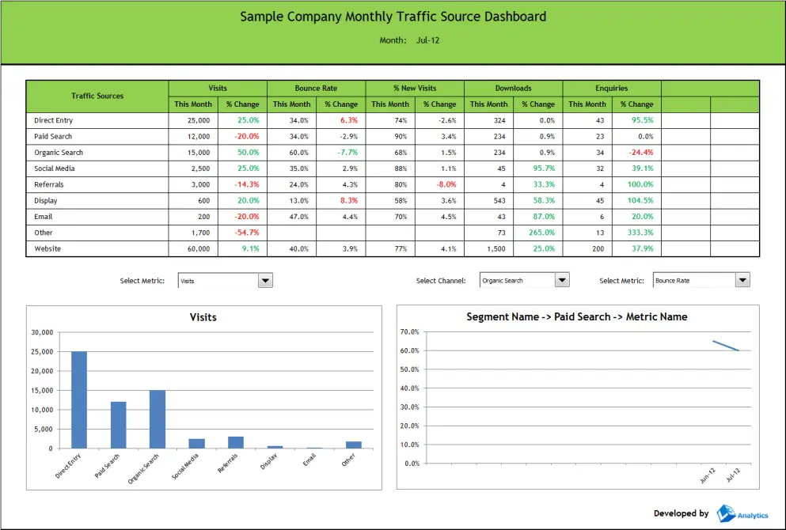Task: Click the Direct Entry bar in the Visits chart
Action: click(79, 399)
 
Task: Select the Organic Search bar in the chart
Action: click(158, 419)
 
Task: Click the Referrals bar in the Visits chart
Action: click(236, 442)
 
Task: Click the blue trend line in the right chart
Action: click(726, 346)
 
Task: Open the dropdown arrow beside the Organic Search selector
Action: click(562, 280)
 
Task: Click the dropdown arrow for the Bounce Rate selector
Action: click(742, 280)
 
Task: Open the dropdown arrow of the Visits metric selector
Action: click(266, 280)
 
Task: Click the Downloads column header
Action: click(513, 88)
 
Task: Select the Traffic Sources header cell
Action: click(97, 96)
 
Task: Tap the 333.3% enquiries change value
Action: click(642, 233)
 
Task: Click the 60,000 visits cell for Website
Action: click(199, 248)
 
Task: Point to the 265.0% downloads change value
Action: click(542, 233)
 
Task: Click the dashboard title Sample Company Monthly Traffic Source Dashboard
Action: click(393, 17)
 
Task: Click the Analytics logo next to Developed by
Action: click(742, 514)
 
